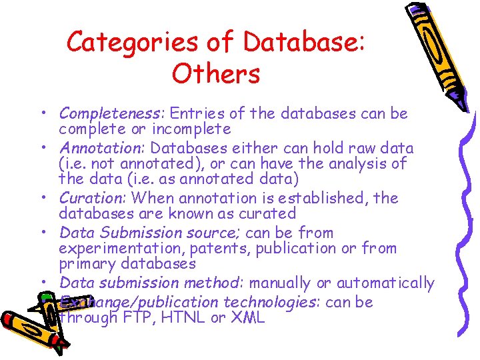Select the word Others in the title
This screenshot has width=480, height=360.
[216, 74]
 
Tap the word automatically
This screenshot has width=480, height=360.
[385, 283]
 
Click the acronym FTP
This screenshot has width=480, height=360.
[139, 318]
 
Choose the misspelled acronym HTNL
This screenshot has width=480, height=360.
[183, 318]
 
